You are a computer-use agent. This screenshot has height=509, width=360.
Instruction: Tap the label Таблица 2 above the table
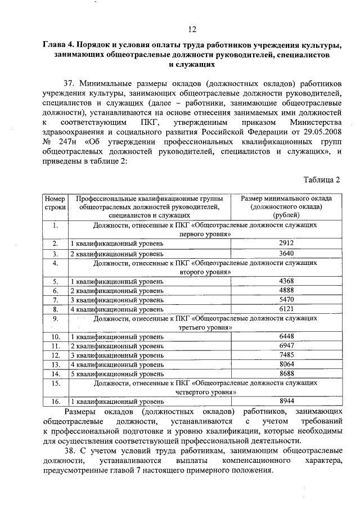pyautogui.click(x=322, y=180)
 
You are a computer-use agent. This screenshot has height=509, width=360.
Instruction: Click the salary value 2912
pyautogui.click(x=286, y=243)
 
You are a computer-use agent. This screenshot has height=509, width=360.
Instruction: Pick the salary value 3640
pyautogui.click(x=286, y=253)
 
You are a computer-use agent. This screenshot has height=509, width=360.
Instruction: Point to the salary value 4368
pyautogui.click(x=286, y=281)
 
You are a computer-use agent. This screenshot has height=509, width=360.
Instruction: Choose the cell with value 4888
pyautogui.click(x=286, y=290)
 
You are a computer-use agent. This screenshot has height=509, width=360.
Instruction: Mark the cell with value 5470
pyautogui.click(x=286, y=300)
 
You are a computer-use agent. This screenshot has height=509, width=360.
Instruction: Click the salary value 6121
pyautogui.click(x=286, y=309)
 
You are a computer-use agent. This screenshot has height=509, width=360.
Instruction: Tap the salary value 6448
pyautogui.click(x=286, y=336)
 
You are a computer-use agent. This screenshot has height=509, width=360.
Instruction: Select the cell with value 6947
pyautogui.click(x=286, y=346)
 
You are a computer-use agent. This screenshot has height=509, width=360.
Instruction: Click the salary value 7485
pyautogui.click(x=286, y=355)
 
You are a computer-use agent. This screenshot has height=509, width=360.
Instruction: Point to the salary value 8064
pyautogui.click(x=286, y=364)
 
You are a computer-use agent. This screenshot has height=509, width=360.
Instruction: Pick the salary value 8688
pyautogui.click(x=286, y=373)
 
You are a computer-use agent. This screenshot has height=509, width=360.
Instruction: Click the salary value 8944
pyautogui.click(x=286, y=401)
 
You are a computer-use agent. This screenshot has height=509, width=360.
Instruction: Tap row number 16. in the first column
pyautogui.click(x=55, y=402)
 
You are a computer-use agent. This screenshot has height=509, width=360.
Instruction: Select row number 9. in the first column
pyautogui.click(x=55, y=318)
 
